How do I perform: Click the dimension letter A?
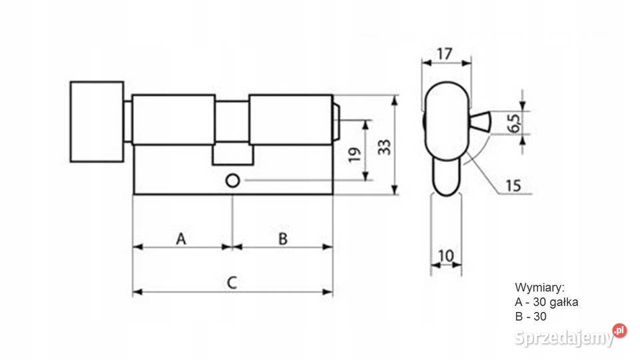click(x=181, y=239)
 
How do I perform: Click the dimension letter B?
click(x=283, y=239)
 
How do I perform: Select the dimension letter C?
click(x=232, y=283)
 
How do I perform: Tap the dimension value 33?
click(x=384, y=147)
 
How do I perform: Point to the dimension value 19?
click(x=355, y=155)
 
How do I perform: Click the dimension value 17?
click(x=445, y=53)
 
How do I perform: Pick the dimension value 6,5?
click(x=515, y=123)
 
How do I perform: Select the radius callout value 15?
click(x=513, y=186)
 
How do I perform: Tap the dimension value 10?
click(x=446, y=256)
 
